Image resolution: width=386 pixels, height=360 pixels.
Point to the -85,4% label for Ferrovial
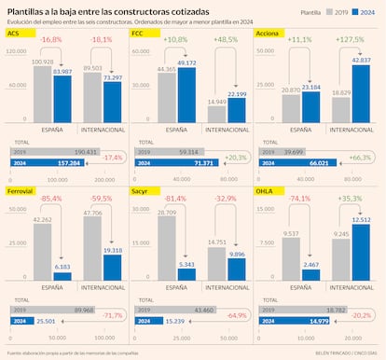(51, 199)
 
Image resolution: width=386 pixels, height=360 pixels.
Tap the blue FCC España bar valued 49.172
(186, 96)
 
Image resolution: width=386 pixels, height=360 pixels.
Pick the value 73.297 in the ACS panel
(112, 78)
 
